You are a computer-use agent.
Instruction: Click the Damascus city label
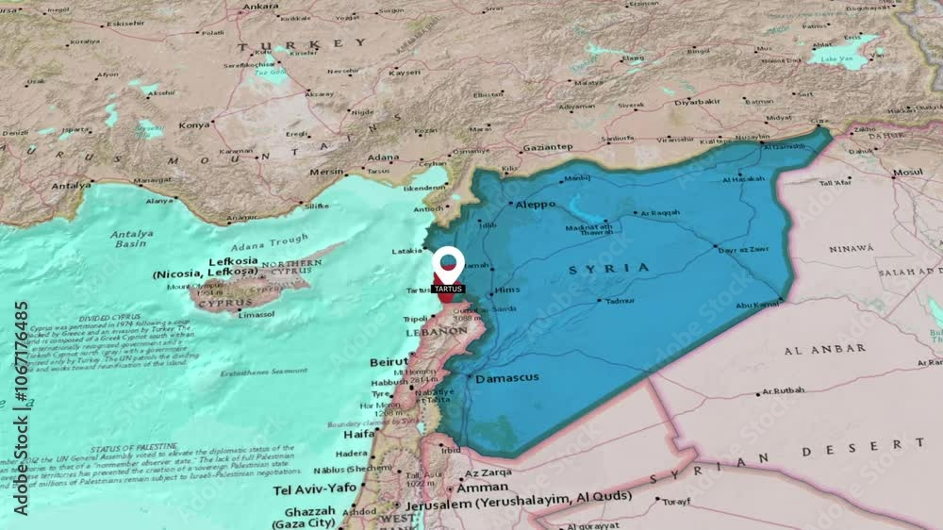pos(507,378)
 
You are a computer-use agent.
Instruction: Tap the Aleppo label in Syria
pos(535,204)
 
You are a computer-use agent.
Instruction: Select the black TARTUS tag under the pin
pos(448,289)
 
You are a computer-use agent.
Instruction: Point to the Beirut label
pos(389,362)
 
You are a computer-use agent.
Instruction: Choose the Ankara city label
pos(260,7)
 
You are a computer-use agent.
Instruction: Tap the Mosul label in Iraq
pos(908,173)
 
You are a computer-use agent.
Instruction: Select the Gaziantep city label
pos(548,147)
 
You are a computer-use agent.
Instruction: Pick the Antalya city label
pos(71,186)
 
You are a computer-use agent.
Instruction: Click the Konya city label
pos(195,124)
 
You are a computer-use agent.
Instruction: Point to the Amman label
pos(484,488)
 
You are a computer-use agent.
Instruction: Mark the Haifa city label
pos(358,435)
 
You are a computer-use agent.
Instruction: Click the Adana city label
pos(384,157)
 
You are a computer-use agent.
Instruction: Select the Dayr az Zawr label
pos(743,250)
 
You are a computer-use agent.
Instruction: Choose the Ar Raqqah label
pos(660,212)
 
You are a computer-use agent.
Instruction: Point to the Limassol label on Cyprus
pos(256,314)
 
